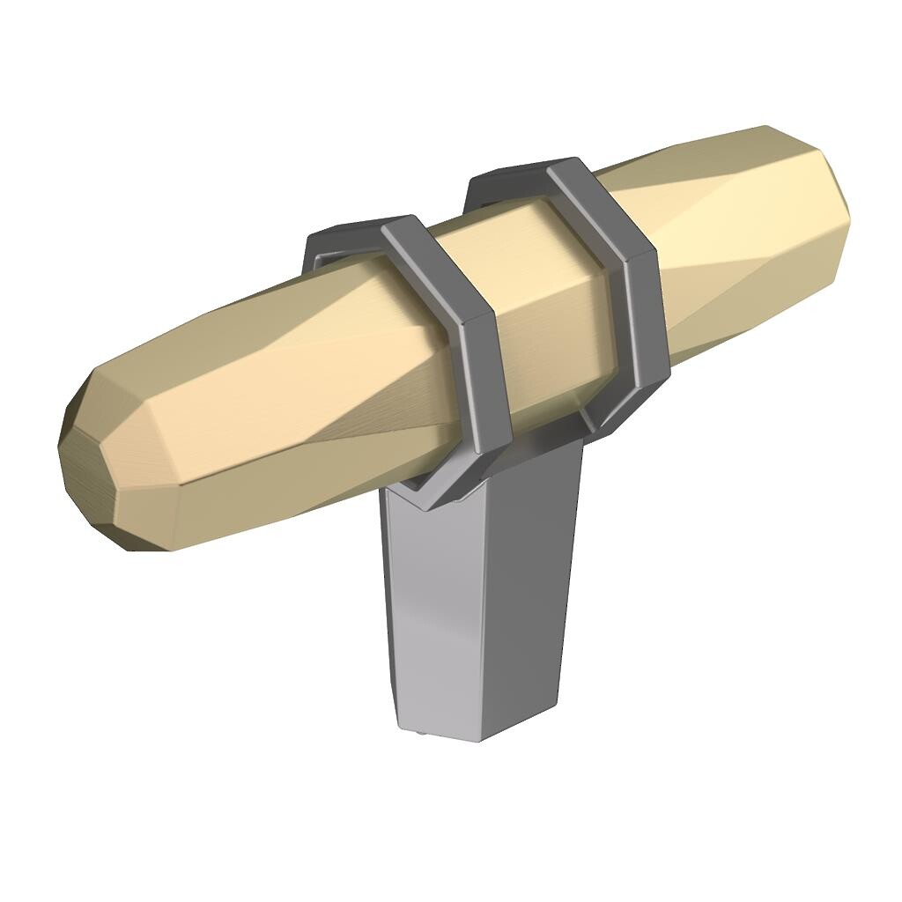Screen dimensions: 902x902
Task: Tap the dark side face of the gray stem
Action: [529, 599]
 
